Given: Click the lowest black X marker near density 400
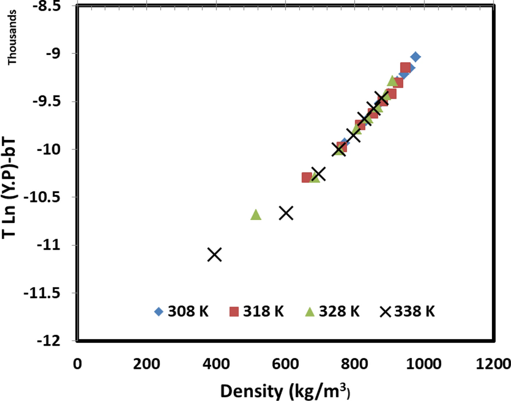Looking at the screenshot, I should pos(214,254).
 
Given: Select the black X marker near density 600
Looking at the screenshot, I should pos(286,213).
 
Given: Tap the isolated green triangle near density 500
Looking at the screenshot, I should pos(256,214).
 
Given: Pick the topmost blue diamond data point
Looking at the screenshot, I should pos(415,57).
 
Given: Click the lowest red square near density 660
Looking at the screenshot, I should pos(306,177).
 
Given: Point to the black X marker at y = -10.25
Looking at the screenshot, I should pos(318,174).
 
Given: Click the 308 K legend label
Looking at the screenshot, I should pos(188,311).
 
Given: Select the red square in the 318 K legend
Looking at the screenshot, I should pos(234,311).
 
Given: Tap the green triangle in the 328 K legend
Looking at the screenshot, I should pos(310,311).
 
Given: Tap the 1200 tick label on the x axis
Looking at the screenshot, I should pos(493,365).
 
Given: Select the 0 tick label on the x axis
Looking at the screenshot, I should pos(78,365).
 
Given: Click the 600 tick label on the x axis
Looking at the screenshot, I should pos(285,365).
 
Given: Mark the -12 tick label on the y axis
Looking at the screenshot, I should pos(51,341).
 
